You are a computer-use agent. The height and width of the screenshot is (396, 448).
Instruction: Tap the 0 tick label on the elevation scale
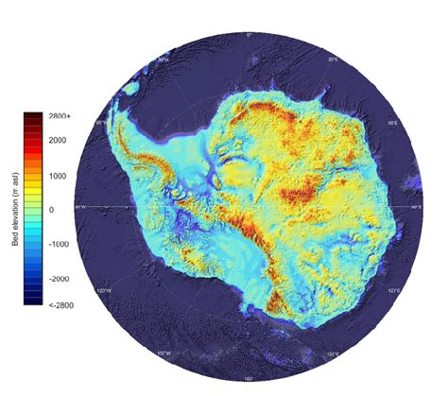pyautogui.click(x=52, y=210)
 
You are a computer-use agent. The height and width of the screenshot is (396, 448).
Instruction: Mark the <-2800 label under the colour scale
pyautogui.click(x=60, y=305)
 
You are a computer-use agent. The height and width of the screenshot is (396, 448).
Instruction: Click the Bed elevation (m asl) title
pyautogui.click(x=16, y=210)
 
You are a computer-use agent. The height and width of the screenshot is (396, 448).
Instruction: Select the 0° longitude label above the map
pyautogui.click(x=249, y=36)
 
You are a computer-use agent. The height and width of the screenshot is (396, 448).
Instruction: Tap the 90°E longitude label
pyautogui.click(x=417, y=207)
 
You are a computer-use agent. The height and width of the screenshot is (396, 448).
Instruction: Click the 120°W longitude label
pyautogui.click(x=106, y=291)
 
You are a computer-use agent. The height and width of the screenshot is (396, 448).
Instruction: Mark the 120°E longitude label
pyautogui.click(x=393, y=291)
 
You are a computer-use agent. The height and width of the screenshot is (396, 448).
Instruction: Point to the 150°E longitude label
pyautogui.click(x=334, y=354)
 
